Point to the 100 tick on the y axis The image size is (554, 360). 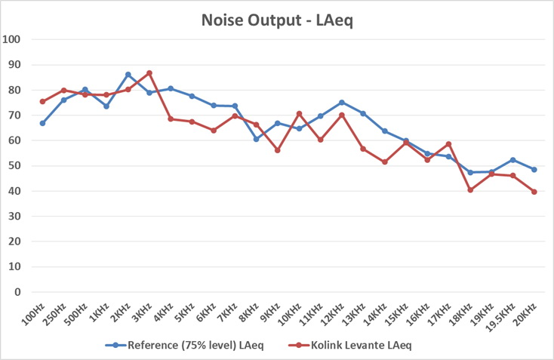pyautogui.click(x=13, y=39)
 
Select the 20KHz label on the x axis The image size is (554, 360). pyautogui.click(x=527, y=312)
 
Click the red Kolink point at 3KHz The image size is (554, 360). pyautogui.click(x=149, y=73)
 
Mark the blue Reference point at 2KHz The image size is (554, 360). pyautogui.click(x=128, y=75)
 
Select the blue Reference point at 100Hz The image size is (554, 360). pyautogui.click(x=42, y=123)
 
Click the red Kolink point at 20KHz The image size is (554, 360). pyautogui.click(x=534, y=192)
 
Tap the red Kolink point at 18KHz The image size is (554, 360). pyautogui.click(x=470, y=190)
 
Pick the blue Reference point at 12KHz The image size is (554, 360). pyautogui.click(x=342, y=103)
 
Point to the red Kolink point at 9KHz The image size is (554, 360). pyautogui.click(x=278, y=150)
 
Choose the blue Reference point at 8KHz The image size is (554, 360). pyautogui.click(x=257, y=139)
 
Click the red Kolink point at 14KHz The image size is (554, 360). pyautogui.click(x=385, y=162)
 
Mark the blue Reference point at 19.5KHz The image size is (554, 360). pyautogui.click(x=513, y=160)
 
